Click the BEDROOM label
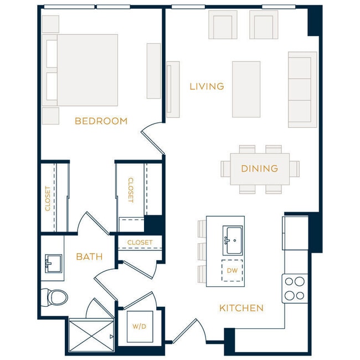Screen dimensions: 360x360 click(101, 121)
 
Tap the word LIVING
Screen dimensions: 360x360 click(207, 86)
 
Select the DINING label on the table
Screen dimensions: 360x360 click(259, 168)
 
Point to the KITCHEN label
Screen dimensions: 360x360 click(241, 308)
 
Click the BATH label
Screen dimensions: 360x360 click(89, 256)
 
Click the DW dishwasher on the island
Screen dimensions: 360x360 click(233, 270)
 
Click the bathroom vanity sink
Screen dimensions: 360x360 click(54, 264)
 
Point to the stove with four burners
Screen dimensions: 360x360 click(295, 289)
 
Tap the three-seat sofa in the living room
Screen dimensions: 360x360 click(302, 89)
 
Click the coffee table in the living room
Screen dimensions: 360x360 click(246, 89)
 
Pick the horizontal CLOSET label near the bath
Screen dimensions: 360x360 click(140, 243)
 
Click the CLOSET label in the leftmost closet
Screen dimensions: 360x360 click(48, 198)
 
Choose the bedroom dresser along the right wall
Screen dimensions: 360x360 click(153, 71)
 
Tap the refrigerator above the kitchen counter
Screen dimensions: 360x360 click(295, 233)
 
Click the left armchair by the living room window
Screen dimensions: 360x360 click(223, 25)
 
